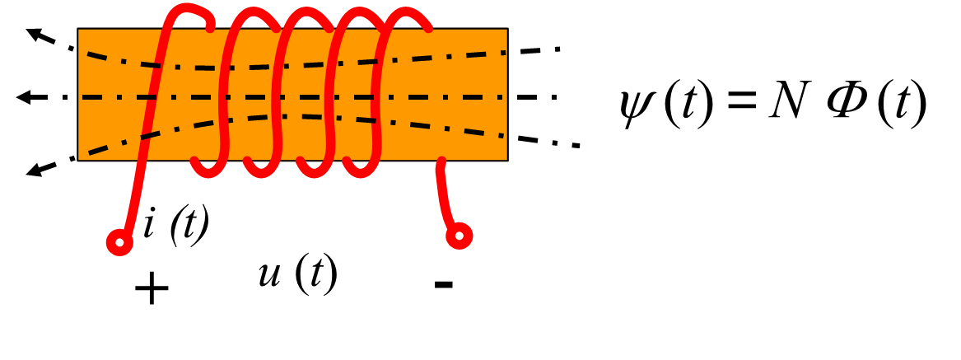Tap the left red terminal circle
[119, 242]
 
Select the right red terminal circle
[460, 236]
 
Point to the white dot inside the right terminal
[460, 236]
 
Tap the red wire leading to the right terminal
[443, 194]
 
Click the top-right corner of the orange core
[506, 30]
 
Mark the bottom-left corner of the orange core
[80, 158]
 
